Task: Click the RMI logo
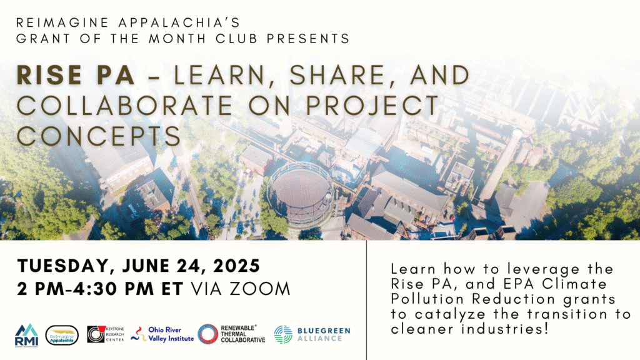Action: click(26, 335)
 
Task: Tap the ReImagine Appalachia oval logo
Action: click(62, 335)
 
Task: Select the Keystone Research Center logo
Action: click(105, 334)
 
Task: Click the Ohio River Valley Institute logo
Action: click(162, 334)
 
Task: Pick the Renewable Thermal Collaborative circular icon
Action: click(207, 334)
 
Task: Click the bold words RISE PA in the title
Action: click(76, 75)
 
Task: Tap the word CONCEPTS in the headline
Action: click(99, 136)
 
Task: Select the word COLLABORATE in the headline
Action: click(124, 105)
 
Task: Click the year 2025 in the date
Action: click(237, 266)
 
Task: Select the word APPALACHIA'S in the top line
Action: click(179, 22)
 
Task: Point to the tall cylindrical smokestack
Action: click(501, 165)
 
